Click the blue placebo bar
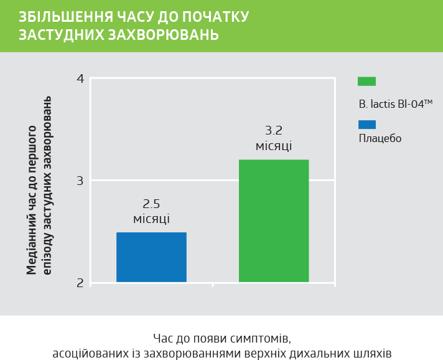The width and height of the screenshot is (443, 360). [151, 257]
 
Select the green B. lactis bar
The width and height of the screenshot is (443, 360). [274, 221]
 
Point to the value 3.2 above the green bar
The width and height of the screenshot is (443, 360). [274, 131]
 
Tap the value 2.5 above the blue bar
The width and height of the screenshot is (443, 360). [151, 204]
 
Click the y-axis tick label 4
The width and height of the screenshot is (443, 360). [80, 79]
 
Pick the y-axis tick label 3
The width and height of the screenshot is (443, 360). [80, 181]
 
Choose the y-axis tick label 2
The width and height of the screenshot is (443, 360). [80, 283]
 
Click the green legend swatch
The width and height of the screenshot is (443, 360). [367, 81]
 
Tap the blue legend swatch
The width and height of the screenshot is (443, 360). [367, 123]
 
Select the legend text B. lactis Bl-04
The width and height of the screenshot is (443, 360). [395, 104]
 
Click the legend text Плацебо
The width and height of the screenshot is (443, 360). [380, 138]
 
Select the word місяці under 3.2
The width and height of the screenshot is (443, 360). [274, 146]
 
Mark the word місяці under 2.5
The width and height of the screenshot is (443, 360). [151, 219]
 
